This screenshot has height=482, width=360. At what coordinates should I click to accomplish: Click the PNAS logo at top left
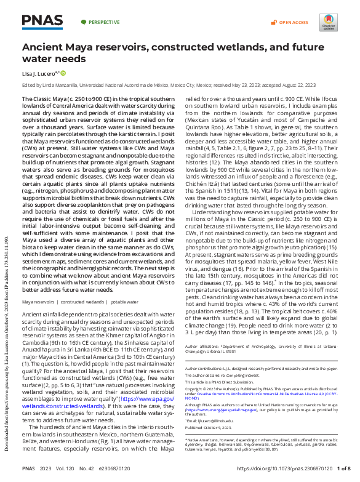point(42,22)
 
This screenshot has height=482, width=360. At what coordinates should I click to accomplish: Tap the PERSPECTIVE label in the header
point(103,22)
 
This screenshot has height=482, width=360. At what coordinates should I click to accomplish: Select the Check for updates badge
point(328,23)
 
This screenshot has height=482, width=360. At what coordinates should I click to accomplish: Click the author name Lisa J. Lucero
point(39,73)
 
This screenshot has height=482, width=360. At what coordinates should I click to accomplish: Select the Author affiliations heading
point(203,347)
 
